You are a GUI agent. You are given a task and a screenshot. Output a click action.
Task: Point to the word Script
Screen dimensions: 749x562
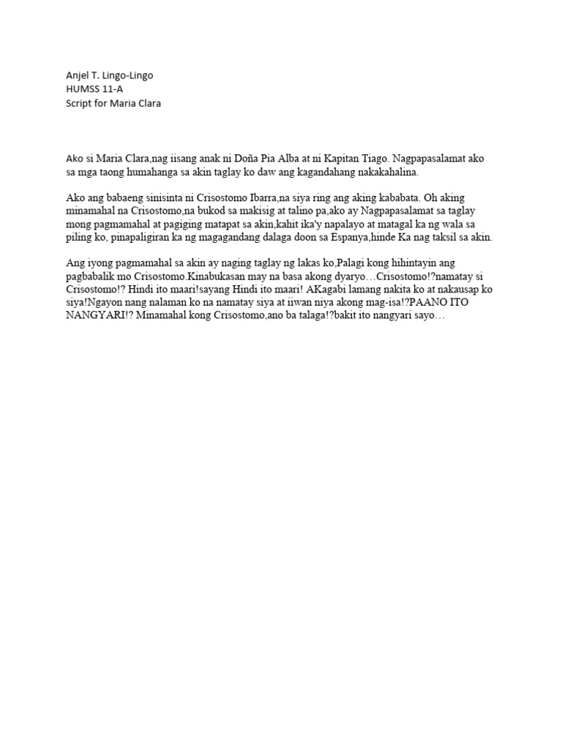[77, 103]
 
